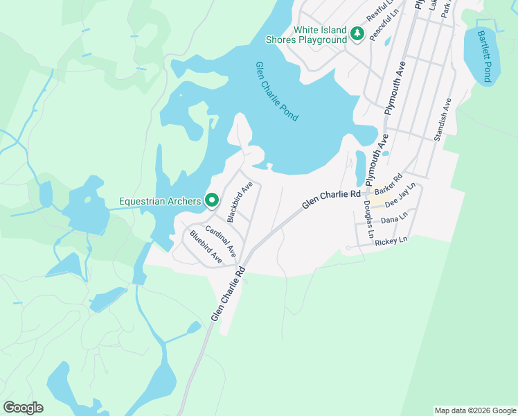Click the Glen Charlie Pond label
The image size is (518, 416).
(x=277, y=92)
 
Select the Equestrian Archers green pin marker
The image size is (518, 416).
(x=212, y=201)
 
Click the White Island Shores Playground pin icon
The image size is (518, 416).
(x=357, y=34)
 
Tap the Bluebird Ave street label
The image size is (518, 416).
(x=206, y=246)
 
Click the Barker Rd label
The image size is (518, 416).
(x=388, y=185)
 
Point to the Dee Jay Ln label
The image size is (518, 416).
(x=400, y=195)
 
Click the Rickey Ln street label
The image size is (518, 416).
(x=391, y=241)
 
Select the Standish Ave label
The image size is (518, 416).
(x=443, y=120)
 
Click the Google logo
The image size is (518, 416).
(x=23, y=408)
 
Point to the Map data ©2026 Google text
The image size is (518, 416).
(x=474, y=410)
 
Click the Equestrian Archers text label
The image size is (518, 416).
(x=160, y=202)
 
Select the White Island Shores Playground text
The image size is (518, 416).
(x=320, y=35)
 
